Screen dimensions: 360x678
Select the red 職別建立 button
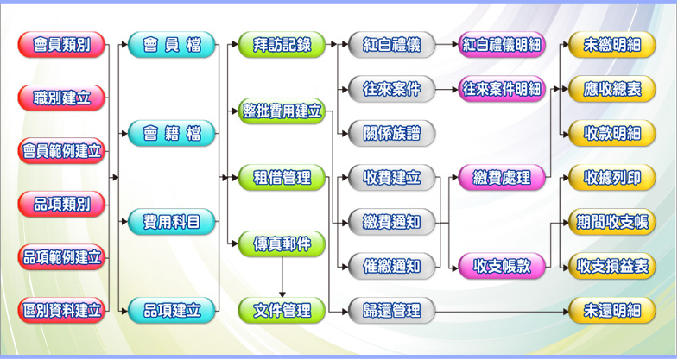(61, 98)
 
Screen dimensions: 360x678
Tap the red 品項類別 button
(61, 204)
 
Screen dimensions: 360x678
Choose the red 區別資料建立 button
(61, 309)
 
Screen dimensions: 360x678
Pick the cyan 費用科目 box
(172, 223)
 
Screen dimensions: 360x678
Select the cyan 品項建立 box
(172, 309)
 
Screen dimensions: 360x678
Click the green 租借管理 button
(282, 178)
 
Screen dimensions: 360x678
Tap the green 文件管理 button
(282, 309)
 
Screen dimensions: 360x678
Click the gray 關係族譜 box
(392, 133)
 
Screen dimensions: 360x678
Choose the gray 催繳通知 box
(392, 266)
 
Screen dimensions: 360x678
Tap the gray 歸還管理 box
(392, 309)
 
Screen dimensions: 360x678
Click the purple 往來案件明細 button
(502, 88)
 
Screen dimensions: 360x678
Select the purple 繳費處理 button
(502, 178)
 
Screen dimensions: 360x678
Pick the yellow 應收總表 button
(611, 88)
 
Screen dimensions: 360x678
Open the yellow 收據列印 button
(611, 178)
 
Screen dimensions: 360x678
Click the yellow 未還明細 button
(611, 309)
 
